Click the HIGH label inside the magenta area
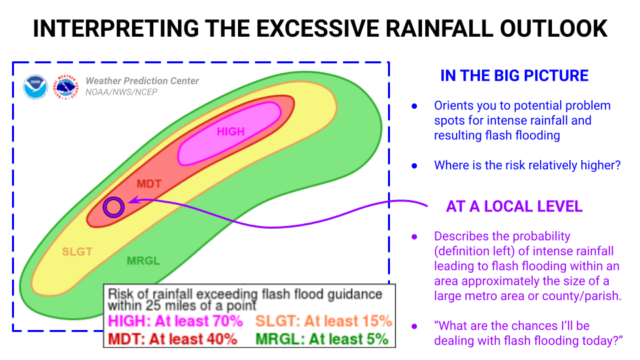[231, 131]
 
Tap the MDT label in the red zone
[149, 184]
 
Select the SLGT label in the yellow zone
[77, 251]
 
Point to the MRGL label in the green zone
[143, 261]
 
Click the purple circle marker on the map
[113, 207]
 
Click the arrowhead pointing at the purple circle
[133, 200]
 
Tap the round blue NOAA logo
[35, 87]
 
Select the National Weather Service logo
[66, 87]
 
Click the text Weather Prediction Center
[142, 81]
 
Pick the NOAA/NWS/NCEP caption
[121, 92]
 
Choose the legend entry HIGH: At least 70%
[175, 321]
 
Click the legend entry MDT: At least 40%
[173, 339]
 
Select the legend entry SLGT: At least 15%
[324, 321]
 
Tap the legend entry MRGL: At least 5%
[322, 339]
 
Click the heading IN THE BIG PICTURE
[514, 76]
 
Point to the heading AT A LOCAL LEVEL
[514, 207]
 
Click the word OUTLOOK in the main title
[554, 29]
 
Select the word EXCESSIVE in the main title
[319, 29]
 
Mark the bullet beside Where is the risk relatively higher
[414, 166]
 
